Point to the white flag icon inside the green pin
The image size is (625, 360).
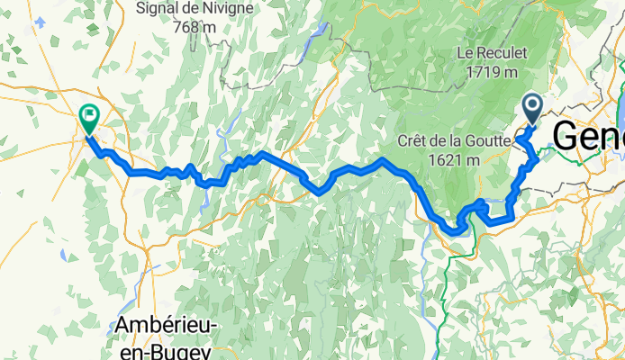point(90,114)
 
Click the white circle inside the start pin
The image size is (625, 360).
point(531,107)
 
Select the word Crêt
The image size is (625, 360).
point(414,141)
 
